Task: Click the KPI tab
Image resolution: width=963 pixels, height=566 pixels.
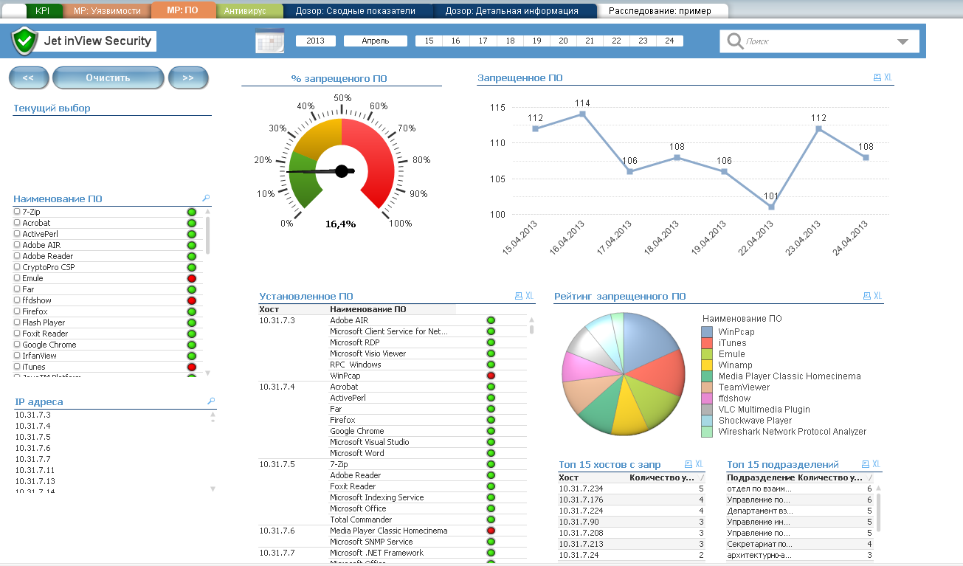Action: tap(42, 11)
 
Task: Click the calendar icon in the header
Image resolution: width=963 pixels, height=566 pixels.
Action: tap(269, 41)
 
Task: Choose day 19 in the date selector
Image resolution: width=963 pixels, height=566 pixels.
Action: tap(536, 41)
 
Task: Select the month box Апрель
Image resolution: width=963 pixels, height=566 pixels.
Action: tap(376, 41)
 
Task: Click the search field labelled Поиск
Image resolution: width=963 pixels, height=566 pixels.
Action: tap(812, 42)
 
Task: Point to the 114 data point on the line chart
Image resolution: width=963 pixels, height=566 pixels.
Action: tap(583, 114)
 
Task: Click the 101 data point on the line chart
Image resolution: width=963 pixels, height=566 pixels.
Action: tap(771, 207)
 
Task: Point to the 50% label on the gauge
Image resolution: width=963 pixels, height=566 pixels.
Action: tap(342, 97)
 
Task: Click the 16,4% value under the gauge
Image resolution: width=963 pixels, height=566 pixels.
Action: tap(340, 224)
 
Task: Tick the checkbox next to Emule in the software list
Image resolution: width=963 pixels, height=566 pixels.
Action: tap(17, 278)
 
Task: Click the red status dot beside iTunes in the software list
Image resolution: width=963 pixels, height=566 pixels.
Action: tap(192, 367)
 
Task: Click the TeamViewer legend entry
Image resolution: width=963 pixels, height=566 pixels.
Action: tap(743, 387)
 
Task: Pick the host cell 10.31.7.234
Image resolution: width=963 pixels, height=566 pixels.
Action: tap(581, 489)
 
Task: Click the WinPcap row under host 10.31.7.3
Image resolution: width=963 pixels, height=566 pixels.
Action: tap(345, 376)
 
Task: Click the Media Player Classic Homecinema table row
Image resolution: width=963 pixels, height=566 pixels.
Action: tap(388, 531)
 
